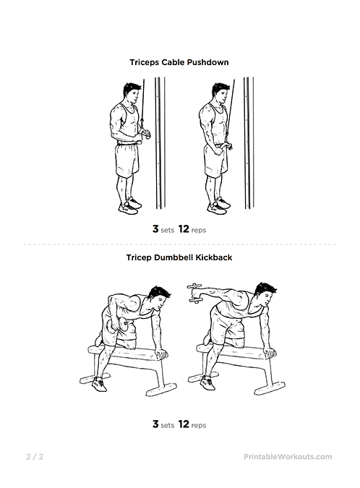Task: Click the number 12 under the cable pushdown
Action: [x=184, y=229]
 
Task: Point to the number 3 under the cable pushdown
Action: [x=155, y=229]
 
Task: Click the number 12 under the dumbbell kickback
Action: [x=184, y=424]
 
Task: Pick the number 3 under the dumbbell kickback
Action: [x=155, y=424]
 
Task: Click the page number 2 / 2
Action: [x=35, y=457]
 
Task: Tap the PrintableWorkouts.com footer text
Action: [x=288, y=457]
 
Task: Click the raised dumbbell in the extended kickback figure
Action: [x=195, y=294]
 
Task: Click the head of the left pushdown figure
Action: [x=131, y=93]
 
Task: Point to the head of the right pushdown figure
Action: [x=220, y=93]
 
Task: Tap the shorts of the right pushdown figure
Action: [x=215, y=161]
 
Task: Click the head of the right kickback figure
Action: [x=265, y=295]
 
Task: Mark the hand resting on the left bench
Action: [x=162, y=354]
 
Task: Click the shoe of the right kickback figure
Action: [x=207, y=382]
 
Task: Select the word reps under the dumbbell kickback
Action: [x=199, y=425]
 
